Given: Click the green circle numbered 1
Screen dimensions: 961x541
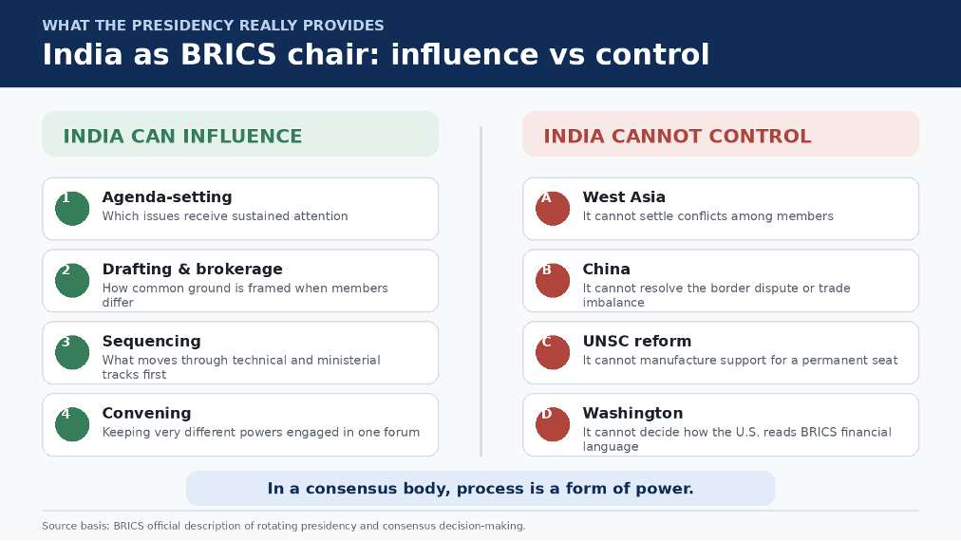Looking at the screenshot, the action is [x=72, y=209].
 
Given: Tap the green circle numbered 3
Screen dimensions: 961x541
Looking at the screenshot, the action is [x=72, y=353].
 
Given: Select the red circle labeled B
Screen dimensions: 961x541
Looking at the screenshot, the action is [x=553, y=281].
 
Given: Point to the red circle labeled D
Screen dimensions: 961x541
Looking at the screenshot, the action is [x=553, y=424].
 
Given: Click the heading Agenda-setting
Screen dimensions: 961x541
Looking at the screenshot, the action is [x=167, y=197].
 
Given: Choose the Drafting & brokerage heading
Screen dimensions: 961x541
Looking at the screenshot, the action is [x=193, y=269].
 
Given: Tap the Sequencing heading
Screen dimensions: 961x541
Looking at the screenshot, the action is [x=151, y=342].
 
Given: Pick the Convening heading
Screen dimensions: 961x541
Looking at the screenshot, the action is [x=146, y=413].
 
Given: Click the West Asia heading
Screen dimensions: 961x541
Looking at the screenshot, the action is [x=624, y=197].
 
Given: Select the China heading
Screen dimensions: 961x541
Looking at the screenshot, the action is [x=606, y=269].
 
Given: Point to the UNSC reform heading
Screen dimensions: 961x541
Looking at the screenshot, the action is [x=637, y=342].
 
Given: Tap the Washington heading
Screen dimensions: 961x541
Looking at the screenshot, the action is [x=632, y=413].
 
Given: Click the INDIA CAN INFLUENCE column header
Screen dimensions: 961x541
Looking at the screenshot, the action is [x=182, y=136].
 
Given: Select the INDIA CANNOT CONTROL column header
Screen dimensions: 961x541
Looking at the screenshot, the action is [x=677, y=136].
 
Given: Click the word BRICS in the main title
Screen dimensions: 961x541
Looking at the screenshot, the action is [x=229, y=54].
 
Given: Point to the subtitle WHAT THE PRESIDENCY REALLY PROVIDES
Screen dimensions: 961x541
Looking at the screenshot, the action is [x=214, y=25].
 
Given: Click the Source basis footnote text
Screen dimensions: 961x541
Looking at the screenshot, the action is [x=284, y=526].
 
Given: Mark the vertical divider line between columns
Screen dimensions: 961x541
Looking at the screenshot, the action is [x=481, y=291].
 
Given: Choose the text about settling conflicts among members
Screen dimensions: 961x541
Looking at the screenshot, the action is [x=707, y=216].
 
